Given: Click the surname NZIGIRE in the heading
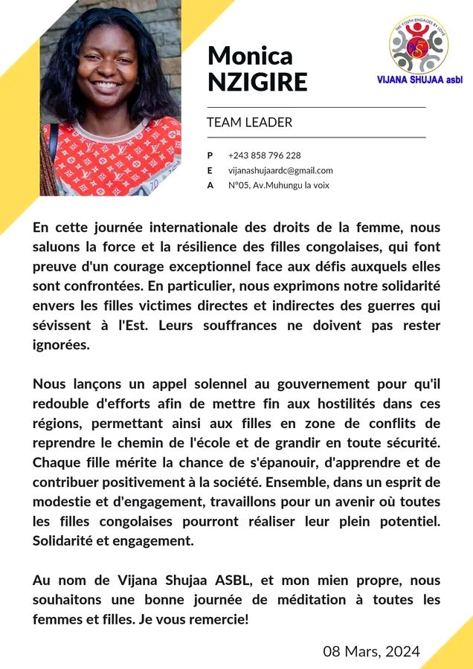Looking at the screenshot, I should (257, 81).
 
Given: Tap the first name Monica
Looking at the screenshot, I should (250, 55).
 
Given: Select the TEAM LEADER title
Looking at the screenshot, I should (249, 123).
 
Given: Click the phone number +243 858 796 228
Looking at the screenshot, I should (265, 155).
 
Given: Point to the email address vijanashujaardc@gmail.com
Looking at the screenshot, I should (280, 170).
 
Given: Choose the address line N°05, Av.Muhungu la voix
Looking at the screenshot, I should (278, 185).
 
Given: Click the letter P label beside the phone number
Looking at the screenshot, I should (210, 155).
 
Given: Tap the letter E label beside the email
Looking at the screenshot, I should (210, 170).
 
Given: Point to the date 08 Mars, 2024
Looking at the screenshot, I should (371, 652).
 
